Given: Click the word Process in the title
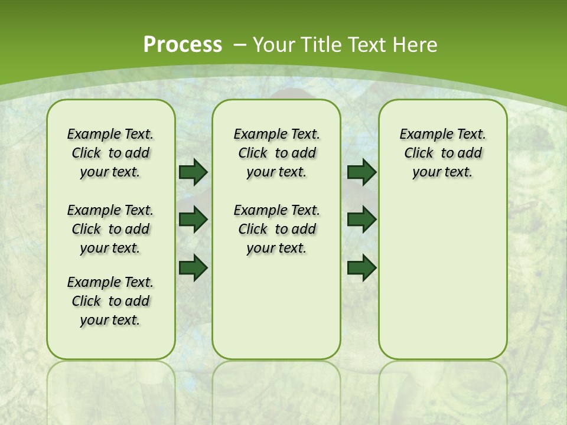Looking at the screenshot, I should [183, 44].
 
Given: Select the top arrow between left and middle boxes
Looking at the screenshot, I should [193, 172].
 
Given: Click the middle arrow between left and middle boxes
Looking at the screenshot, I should [193, 220].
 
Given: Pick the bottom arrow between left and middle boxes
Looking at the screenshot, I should [193, 267].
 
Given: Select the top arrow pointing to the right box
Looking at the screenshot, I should [361, 172].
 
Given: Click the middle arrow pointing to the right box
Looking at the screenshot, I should [361, 220].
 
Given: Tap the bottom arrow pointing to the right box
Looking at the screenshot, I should [361, 267].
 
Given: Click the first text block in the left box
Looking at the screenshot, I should [110, 153].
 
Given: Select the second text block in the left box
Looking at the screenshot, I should [110, 229].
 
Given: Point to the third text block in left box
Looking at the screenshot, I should [110, 301].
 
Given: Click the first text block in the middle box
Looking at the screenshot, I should [276, 153].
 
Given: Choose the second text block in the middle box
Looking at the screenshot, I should [276, 229].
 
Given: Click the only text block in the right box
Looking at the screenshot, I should [442, 153].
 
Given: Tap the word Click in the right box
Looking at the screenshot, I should [419, 153].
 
